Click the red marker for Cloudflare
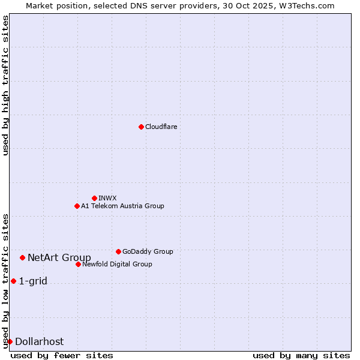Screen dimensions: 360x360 141,127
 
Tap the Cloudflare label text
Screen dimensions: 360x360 161,127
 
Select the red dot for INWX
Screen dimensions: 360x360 94,198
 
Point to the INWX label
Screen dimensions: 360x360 107,198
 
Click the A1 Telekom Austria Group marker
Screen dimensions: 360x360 77,206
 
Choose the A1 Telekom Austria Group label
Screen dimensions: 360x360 122,206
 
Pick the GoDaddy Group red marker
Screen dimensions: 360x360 118,251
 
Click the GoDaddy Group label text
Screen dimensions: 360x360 147,251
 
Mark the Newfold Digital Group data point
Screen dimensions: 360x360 78,264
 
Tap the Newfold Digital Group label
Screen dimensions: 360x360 117,264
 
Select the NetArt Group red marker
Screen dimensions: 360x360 22,257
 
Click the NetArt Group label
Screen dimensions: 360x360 59,258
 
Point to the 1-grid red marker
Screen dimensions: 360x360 13,281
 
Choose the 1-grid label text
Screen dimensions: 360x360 33,281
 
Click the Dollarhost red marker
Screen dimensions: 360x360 10,341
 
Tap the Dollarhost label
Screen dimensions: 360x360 39,342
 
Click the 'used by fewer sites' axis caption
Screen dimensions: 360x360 62,355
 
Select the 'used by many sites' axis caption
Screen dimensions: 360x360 301,355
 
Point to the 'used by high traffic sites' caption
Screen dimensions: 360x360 6,85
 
